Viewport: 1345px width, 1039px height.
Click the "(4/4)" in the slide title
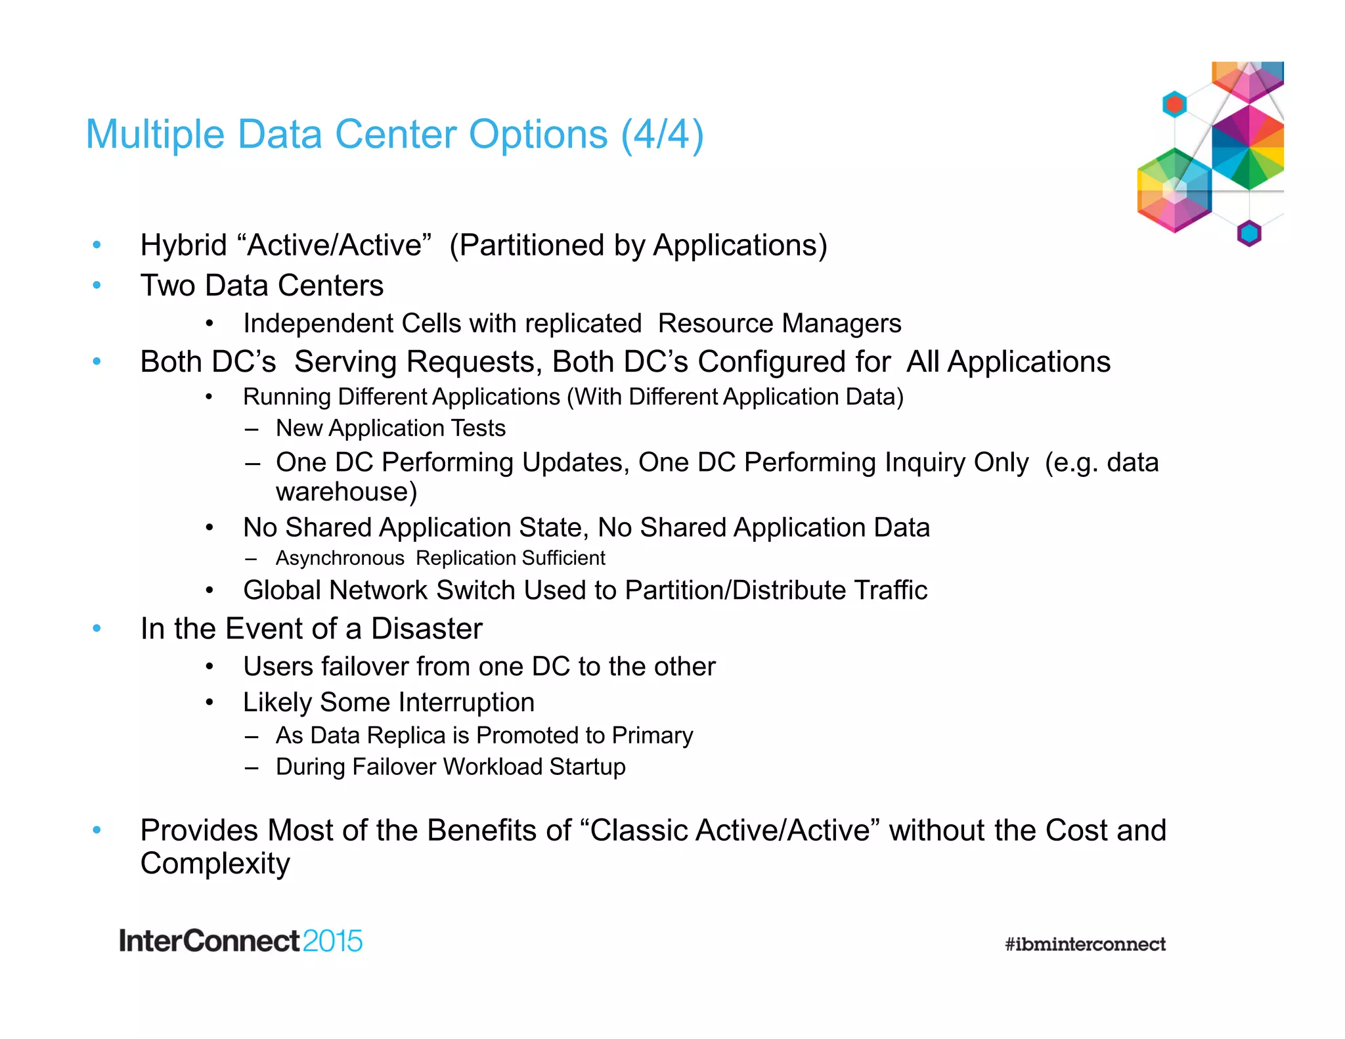[x=662, y=135]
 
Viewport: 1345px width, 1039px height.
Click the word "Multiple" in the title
[x=155, y=135]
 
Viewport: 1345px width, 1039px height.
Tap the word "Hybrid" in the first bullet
[x=183, y=246]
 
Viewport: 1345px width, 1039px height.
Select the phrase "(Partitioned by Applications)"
[x=638, y=246]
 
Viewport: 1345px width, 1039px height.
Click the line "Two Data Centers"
[x=261, y=286]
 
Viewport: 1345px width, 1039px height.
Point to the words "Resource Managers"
[x=780, y=323]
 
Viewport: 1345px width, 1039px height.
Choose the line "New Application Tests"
[x=390, y=428]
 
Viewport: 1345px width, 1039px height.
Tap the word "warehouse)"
[x=346, y=492]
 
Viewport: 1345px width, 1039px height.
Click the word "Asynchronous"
[x=340, y=558]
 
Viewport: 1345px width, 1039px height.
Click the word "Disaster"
[x=426, y=629]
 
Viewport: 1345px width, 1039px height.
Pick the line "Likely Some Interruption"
[x=388, y=702]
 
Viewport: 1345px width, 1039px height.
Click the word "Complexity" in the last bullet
[x=215, y=864]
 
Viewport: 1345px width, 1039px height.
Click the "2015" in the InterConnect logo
[x=332, y=941]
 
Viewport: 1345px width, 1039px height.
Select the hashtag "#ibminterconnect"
[x=1085, y=944]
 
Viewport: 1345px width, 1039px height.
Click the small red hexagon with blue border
[x=1174, y=104]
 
